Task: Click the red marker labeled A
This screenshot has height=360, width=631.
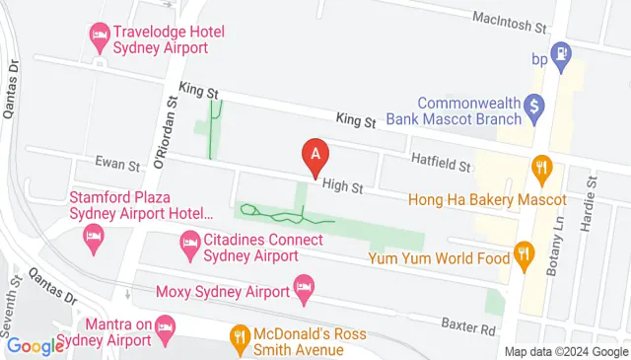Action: tap(315, 156)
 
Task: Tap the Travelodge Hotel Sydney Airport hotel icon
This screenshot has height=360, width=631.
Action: tap(99, 38)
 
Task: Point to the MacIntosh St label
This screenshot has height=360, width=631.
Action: tap(510, 23)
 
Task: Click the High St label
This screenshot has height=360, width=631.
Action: tap(342, 185)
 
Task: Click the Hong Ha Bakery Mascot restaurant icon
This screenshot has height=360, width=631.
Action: tap(540, 168)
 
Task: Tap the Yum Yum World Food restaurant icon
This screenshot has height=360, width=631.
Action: tap(525, 258)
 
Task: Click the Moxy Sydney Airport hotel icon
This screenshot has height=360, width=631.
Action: tap(305, 290)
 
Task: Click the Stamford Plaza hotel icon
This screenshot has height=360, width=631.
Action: tap(94, 236)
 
